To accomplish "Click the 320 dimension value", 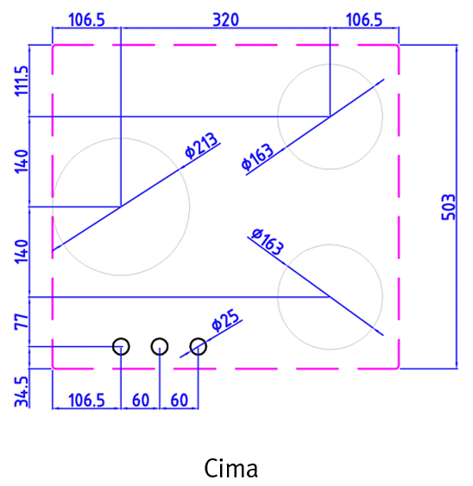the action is click(225, 20).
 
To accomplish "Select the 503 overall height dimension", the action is click(449, 207).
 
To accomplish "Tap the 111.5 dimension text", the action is click(22, 81).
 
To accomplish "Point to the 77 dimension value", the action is click(22, 321).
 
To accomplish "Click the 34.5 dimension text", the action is click(22, 391).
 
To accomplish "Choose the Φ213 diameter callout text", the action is click(201, 145).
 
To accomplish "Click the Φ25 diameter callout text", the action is click(225, 320).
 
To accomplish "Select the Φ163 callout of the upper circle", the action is click(257, 157).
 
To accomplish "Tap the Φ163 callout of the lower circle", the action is click(268, 242).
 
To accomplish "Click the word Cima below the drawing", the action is click(231, 468).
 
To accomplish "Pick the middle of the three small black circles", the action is click(160, 346).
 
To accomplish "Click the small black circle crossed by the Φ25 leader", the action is click(198, 346).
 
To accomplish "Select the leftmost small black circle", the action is click(121, 346).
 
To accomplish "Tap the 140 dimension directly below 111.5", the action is click(22, 161).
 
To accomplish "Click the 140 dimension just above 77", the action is click(22, 252).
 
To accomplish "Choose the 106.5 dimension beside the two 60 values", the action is click(86, 400).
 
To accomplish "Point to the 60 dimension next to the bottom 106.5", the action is click(141, 400).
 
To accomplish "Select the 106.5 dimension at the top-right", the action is click(364, 20).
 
